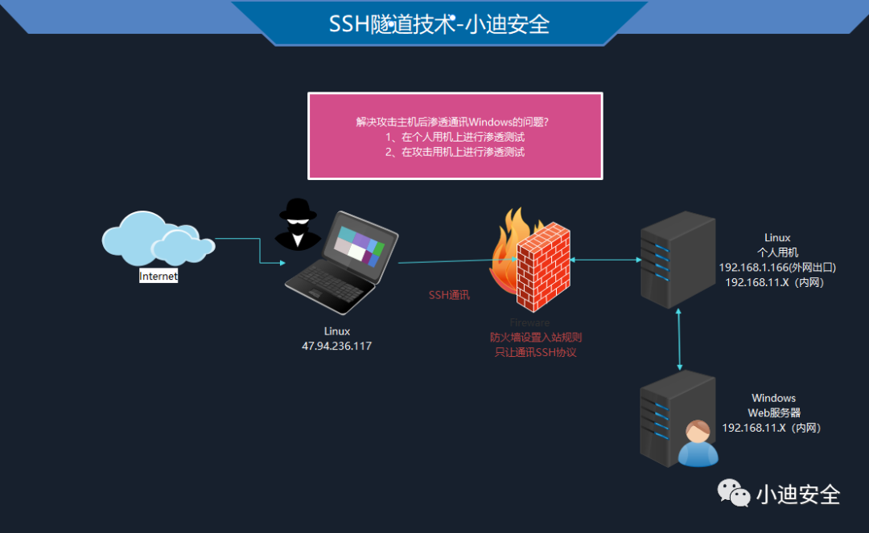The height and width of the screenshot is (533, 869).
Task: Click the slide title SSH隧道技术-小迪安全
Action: (439, 23)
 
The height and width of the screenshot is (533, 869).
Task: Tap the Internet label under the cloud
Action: (159, 276)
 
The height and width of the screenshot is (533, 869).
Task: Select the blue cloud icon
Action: (157, 240)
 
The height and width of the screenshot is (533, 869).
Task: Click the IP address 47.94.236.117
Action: (336, 346)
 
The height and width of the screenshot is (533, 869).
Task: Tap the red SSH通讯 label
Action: (449, 295)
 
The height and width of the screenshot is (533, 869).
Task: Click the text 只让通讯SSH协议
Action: (535, 352)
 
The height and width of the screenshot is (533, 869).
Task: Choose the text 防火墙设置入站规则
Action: (535, 338)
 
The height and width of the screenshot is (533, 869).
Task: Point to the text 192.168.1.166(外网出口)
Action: (777, 267)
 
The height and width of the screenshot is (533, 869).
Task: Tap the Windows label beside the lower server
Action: (773, 398)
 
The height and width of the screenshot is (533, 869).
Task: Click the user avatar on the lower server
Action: (697, 443)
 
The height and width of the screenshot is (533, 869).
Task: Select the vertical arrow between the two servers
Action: (682, 338)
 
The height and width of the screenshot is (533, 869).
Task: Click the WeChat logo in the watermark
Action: (733, 493)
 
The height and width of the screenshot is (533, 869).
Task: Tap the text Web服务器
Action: (773, 412)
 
